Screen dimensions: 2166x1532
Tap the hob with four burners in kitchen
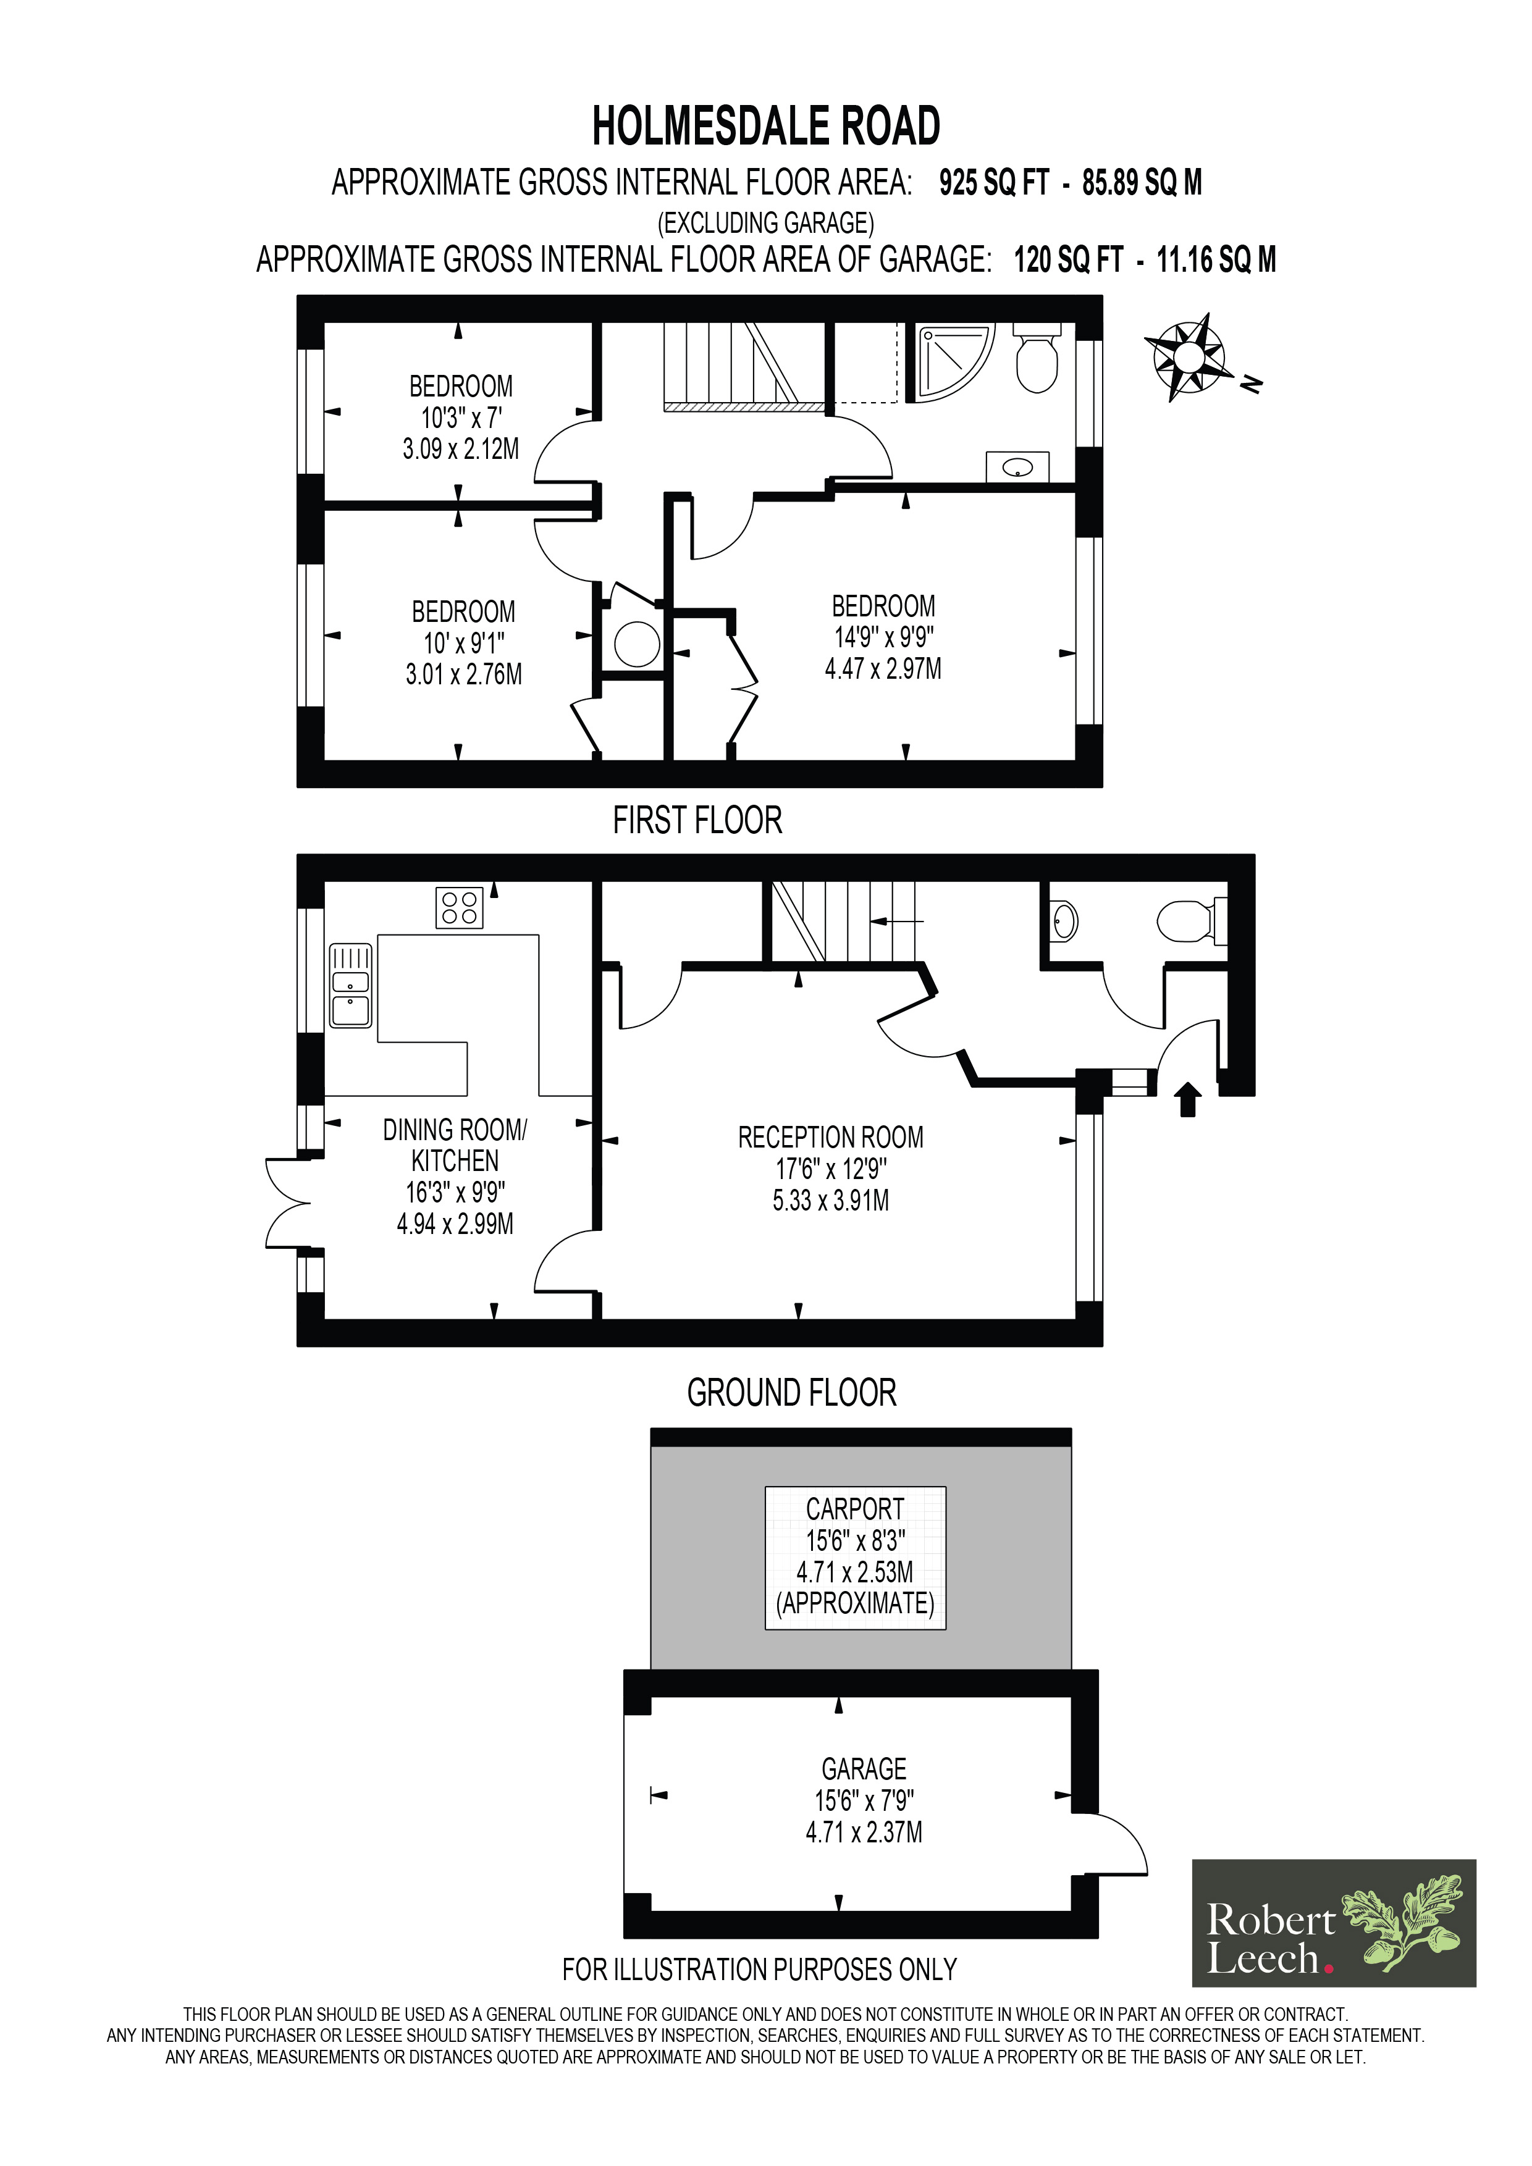(460, 907)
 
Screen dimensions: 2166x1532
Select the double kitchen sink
(351, 986)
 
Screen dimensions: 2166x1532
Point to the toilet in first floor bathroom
(1036, 358)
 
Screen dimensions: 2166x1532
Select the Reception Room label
(830, 1138)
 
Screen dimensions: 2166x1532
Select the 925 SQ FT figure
(993, 183)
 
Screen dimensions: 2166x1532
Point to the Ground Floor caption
(791, 1392)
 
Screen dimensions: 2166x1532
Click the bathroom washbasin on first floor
(1017, 467)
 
